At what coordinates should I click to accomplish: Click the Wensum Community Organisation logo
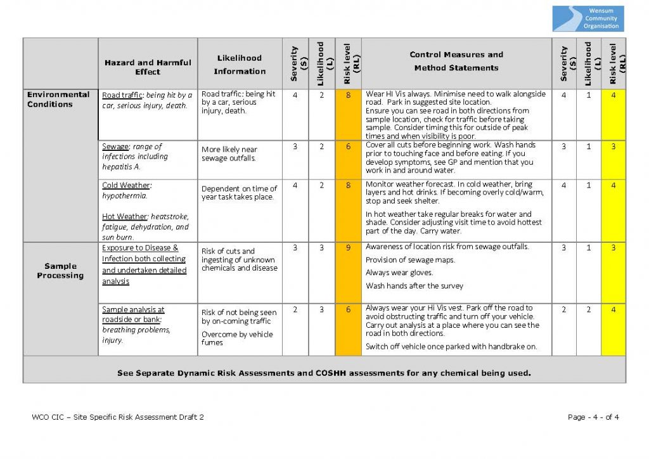click(x=588, y=18)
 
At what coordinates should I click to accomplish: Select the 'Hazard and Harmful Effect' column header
click(x=148, y=67)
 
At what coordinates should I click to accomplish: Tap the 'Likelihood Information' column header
click(x=240, y=63)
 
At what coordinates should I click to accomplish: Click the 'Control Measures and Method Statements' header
click(x=456, y=61)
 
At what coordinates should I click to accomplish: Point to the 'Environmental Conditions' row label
click(x=58, y=100)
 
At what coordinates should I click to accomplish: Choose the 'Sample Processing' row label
click(x=60, y=271)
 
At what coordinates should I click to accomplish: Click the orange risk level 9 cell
click(x=348, y=248)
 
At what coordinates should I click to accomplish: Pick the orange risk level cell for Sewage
click(x=348, y=146)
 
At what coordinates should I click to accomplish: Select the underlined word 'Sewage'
click(x=115, y=146)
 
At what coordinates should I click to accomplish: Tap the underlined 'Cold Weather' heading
click(x=126, y=186)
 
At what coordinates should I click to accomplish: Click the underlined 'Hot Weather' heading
click(x=125, y=216)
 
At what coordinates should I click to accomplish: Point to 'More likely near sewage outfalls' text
click(x=229, y=154)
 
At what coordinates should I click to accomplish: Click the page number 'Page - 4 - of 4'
click(x=593, y=417)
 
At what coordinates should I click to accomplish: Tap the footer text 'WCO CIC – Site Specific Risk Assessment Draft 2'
click(x=118, y=417)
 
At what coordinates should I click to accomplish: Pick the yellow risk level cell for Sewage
click(x=613, y=146)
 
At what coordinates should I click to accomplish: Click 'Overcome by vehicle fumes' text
click(x=237, y=339)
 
